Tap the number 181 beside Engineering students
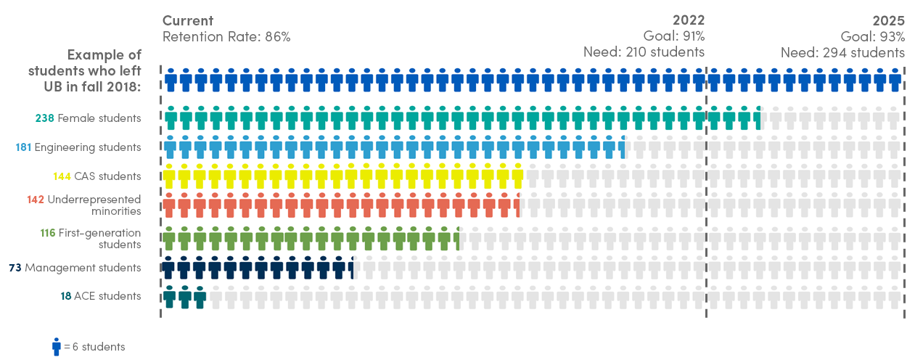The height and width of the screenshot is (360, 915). pyautogui.click(x=22, y=147)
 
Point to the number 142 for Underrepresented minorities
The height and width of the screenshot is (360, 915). pyautogui.click(x=36, y=200)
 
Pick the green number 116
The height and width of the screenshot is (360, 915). pyautogui.click(x=49, y=233)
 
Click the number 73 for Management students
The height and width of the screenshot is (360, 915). pyautogui.click(x=15, y=268)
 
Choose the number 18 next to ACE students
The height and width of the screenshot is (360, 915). pyautogui.click(x=66, y=296)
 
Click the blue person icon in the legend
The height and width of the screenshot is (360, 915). pyautogui.click(x=56, y=346)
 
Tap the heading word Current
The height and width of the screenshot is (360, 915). pyautogui.click(x=188, y=20)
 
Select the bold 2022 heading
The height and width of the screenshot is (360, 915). pyautogui.click(x=688, y=20)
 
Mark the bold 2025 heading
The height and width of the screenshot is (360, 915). pyautogui.click(x=888, y=20)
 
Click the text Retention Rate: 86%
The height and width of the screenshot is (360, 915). pyautogui.click(x=226, y=36)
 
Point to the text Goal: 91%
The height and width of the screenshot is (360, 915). pyautogui.click(x=673, y=36)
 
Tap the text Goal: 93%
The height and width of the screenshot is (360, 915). pyautogui.click(x=873, y=36)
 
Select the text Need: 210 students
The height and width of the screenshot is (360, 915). pyautogui.click(x=644, y=52)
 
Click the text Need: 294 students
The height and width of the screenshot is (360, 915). pyautogui.click(x=842, y=52)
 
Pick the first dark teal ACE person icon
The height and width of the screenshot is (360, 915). pyautogui.click(x=169, y=297)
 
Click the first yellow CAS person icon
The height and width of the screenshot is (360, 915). pyautogui.click(x=169, y=175)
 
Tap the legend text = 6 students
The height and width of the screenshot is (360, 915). pyautogui.click(x=94, y=347)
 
